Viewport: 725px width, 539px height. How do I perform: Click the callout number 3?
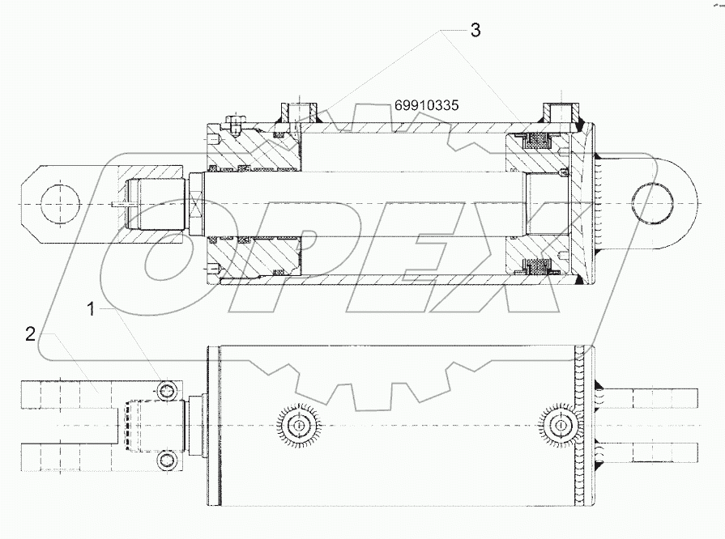[x=476, y=31]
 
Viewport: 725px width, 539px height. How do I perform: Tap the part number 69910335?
[x=428, y=105]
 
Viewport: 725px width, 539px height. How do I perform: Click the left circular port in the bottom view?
[x=299, y=426]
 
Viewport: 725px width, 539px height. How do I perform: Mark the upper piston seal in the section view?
[x=536, y=142]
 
